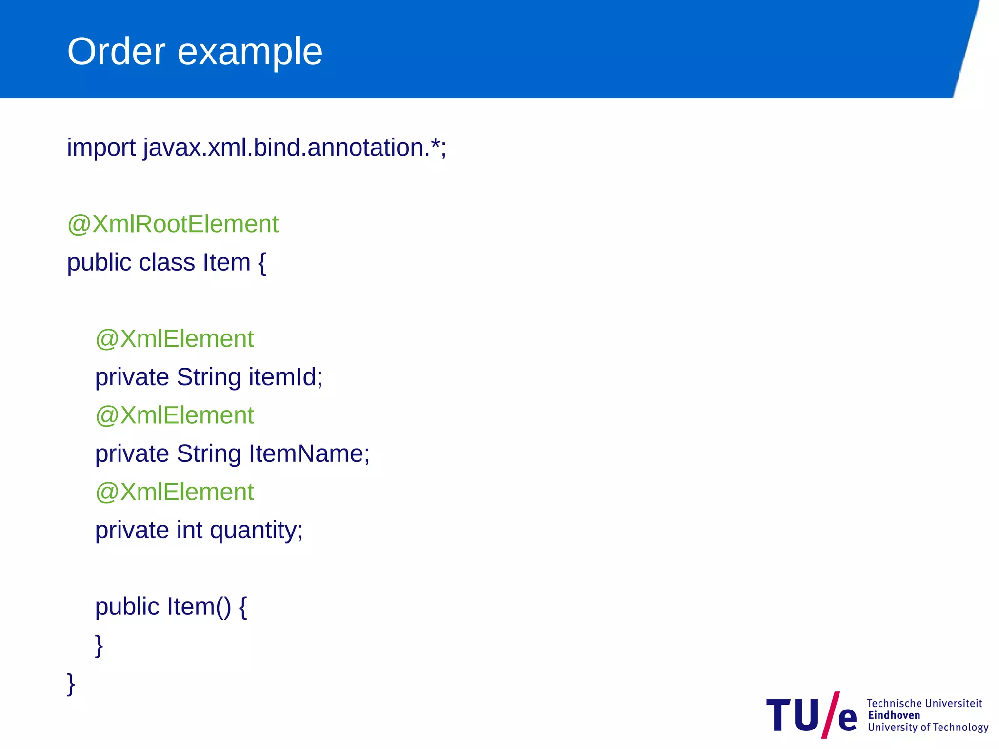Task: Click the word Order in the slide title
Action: pos(116,51)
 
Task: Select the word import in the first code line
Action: pos(101,148)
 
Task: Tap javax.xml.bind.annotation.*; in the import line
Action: pos(295,148)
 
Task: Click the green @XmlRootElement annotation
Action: pos(173,224)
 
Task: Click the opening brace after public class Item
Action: pos(262,263)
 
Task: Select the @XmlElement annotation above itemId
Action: pos(175,339)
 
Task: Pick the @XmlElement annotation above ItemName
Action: pos(175,415)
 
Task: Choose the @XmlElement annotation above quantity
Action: pos(175,492)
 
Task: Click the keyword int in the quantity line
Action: pos(189,530)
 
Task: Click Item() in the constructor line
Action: pos(199,607)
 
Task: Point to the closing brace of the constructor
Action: pos(99,646)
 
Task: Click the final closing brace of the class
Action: pos(71,684)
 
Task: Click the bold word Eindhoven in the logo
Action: pos(894,715)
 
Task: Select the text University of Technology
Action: pos(928,728)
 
